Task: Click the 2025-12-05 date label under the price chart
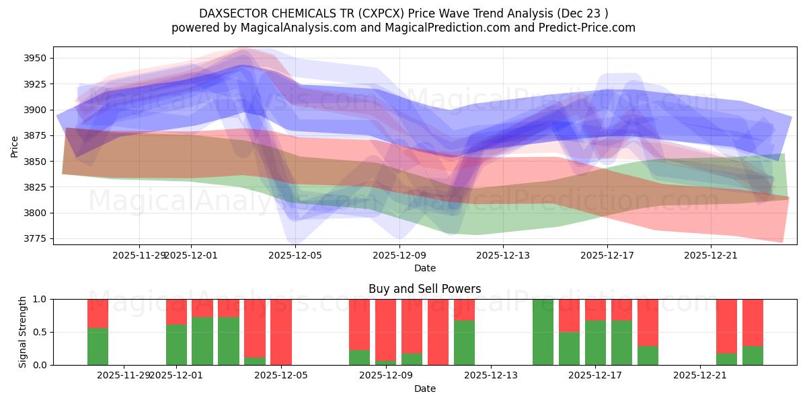tap(295, 255)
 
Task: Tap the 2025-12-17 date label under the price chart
tap(607, 255)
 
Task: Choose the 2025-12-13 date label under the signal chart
tap(491, 376)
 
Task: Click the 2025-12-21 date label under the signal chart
tap(700, 376)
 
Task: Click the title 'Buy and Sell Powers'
tap(424, 289)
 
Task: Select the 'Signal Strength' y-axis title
tap(24, 332)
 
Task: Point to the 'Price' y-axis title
tap(15, 145)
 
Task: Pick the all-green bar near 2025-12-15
tap(543, 332)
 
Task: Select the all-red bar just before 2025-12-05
tap(281, 332)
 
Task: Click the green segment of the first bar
tap(98, 347)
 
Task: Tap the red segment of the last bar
tap(753, 322)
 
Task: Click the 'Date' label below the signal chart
tap(424, 389)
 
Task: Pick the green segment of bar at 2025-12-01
tap(176, 345)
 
